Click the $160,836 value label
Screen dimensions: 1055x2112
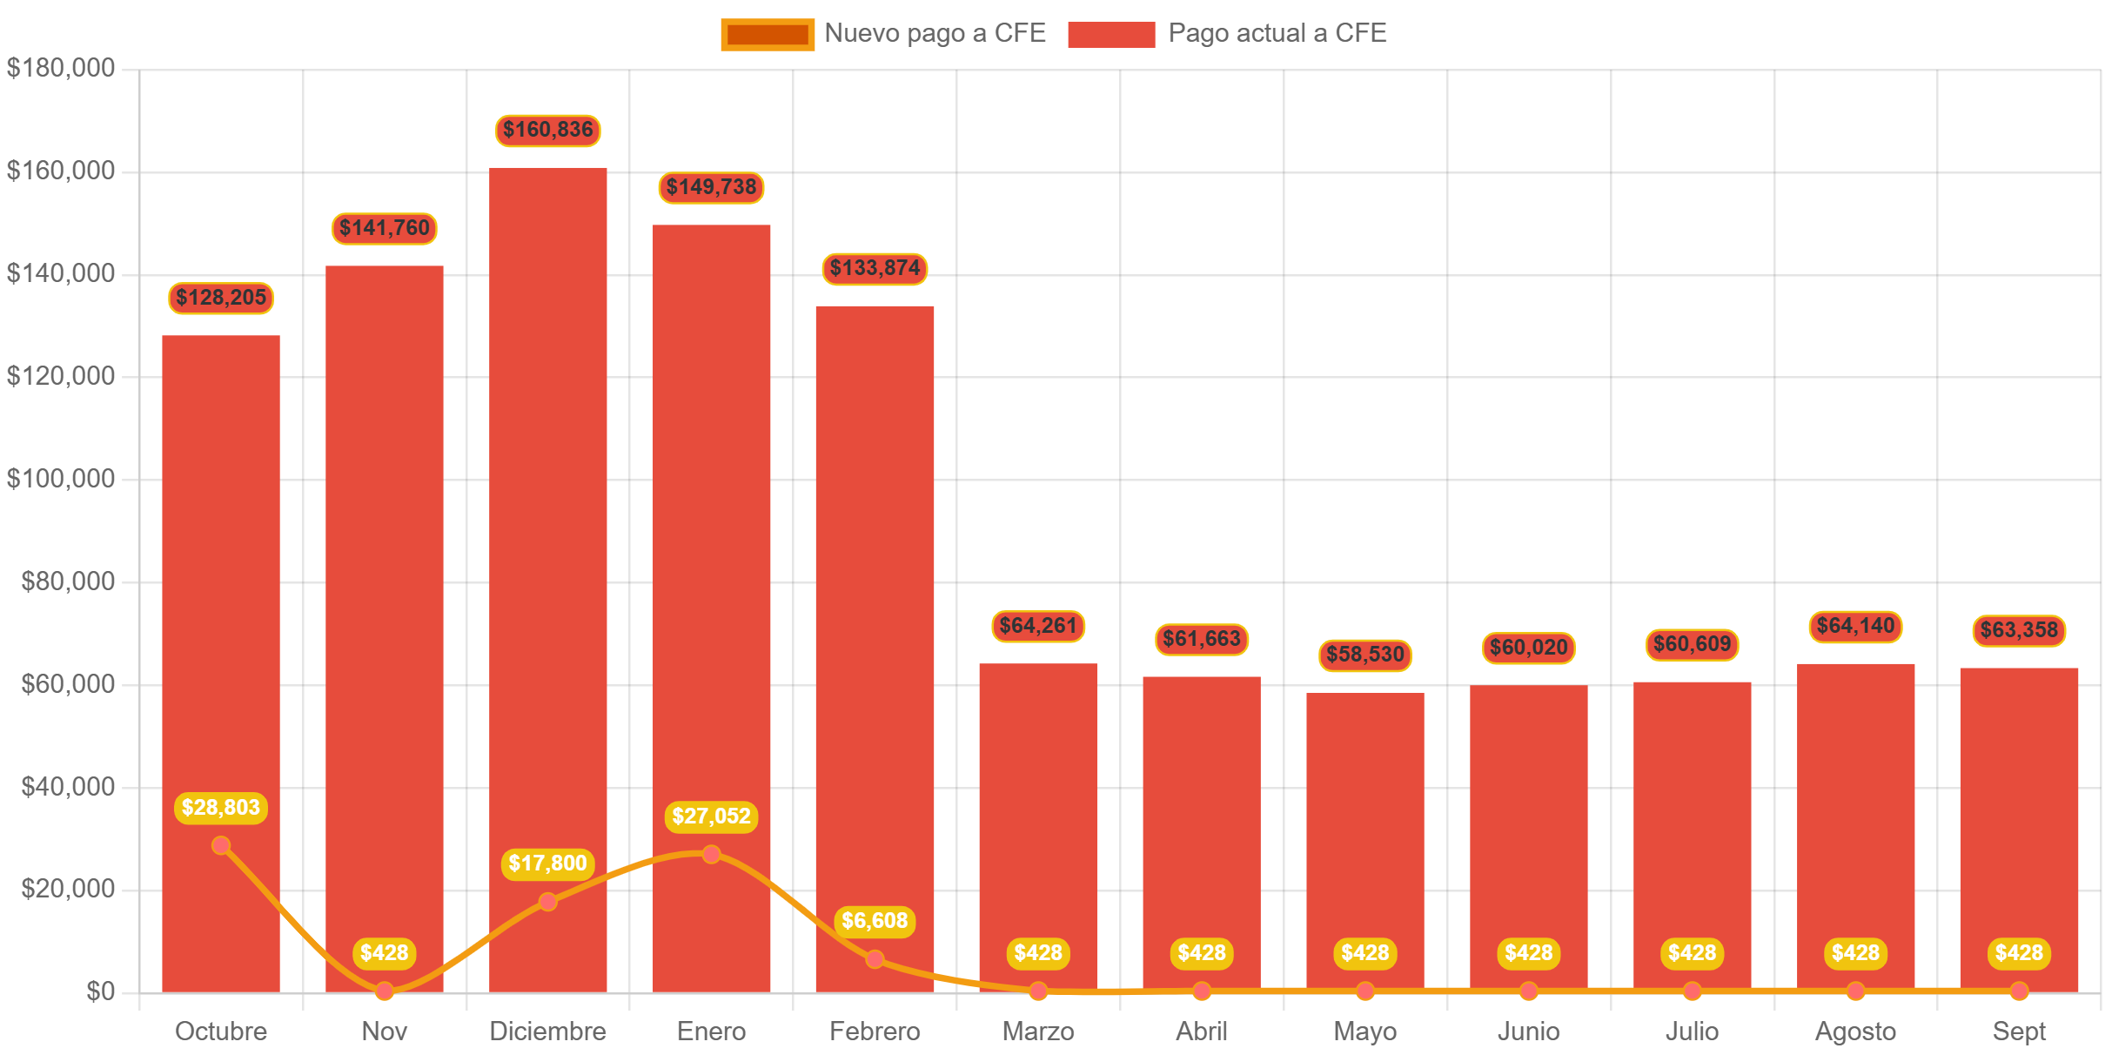click(547, 131)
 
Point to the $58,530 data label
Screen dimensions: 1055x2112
click(1364, 655)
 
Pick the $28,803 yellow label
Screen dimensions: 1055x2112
click(221, 808)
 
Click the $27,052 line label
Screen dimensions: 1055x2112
click(711, 816)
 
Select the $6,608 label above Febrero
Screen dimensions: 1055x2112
click(875, 921)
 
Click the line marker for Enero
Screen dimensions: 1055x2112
click(711, 854)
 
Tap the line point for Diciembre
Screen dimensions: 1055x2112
click(547, 902)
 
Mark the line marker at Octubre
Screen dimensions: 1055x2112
click(221, 845)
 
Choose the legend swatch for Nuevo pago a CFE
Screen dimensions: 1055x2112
click(767, 35)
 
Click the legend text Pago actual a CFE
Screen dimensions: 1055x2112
click(1277, 33)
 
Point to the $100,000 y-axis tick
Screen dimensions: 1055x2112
click(61, 479)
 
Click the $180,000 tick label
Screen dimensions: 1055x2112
click(61, 68)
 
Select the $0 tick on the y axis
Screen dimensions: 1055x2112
click(100, 991)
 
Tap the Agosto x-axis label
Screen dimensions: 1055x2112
click(1855, 1031)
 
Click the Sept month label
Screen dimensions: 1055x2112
click(2019, 1031)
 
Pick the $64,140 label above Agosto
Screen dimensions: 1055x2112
click(1855, 627)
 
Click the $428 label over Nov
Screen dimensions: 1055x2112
click(385, 953)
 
